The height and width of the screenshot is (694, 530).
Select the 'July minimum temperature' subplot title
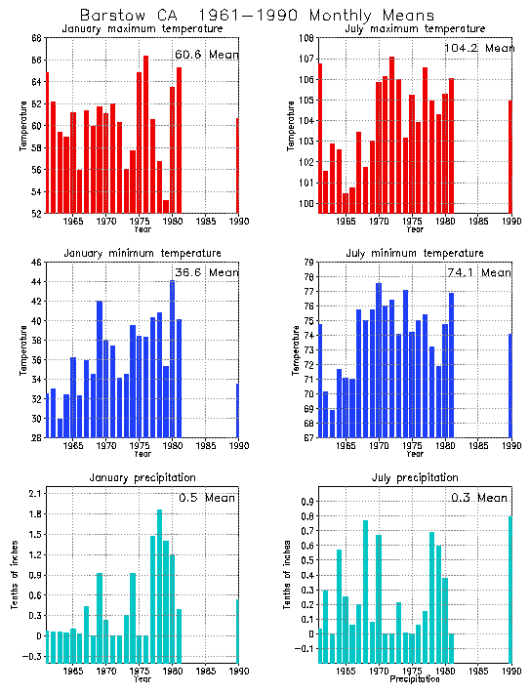click(415, 254)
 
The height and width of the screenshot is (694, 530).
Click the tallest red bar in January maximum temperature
click(145, 134)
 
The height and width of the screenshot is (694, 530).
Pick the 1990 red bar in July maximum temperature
click(510, 156)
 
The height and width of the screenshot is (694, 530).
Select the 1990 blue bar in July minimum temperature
click(510, 386)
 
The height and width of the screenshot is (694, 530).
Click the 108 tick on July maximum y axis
click(305, 38)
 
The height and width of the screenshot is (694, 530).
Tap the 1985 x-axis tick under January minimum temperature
click(206, 446)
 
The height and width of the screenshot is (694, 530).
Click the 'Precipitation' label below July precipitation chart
click(415, 679)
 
